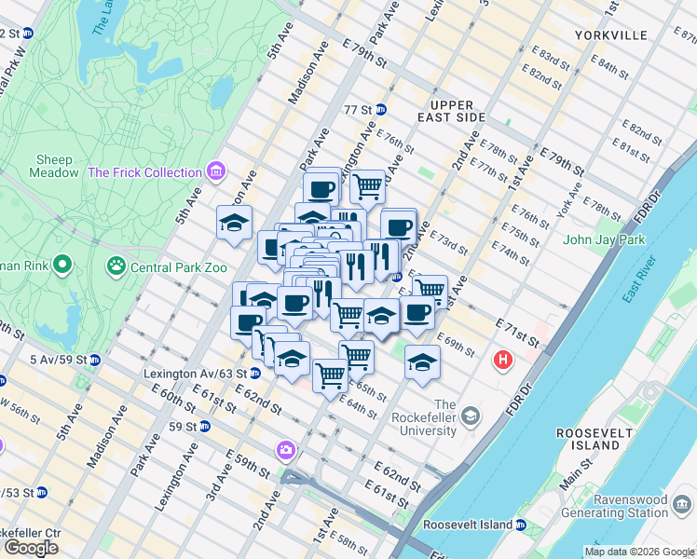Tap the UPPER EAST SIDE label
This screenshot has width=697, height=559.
coord(452,111)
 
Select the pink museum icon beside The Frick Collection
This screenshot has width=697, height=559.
coord(216,171)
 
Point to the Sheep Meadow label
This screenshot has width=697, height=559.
coord(54,167)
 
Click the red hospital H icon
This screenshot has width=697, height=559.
coord(504,360)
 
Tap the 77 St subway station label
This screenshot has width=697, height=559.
coord(358,110)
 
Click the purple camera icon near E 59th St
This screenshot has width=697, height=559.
coord(285,451)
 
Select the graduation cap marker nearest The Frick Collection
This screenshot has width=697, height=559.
coord(234,223)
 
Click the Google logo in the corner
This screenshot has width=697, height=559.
coord(31,548)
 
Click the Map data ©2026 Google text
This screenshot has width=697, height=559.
coord(639,552)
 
